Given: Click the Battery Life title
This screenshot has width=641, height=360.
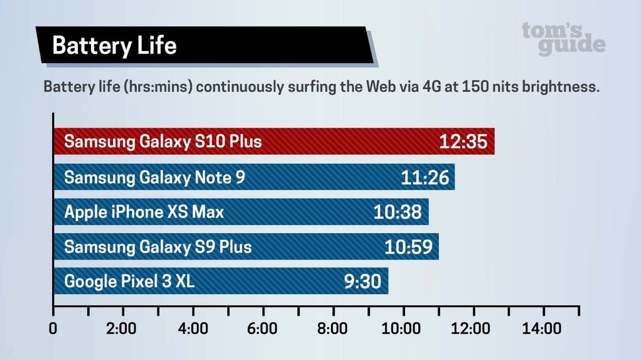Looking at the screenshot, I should pyautogui.click(x=114, y=46).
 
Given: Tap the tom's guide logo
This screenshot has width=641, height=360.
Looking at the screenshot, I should pyautogui.click(x=563, y=39).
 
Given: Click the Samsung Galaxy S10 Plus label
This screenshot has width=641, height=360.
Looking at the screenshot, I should pyautogui.click(x=163, y=141).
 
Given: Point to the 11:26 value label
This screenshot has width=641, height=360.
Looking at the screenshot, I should pyautogui.click(x=424, y=177).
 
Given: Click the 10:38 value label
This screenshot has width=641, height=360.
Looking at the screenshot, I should pyautogui.click(x=398, y=212).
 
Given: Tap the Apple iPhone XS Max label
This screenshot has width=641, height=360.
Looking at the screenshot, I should pyautogui.click(x=143, y=212).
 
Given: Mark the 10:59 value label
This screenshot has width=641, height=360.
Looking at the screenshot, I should pyautogui.click(x=408, y=247).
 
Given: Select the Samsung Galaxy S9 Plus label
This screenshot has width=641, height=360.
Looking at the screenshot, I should pyautogui.click(x=157, y=247).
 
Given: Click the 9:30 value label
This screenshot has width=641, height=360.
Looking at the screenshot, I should pyautogui.click(x=362, y=282).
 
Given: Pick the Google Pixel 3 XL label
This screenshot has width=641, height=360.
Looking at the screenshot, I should pyautogui.click(x=129, y=282).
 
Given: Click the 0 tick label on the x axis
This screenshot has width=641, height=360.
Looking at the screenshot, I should pyautogui.click(x=54, y=328).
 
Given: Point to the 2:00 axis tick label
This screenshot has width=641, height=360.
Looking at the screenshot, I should pyautogui.click(x=121, y=328).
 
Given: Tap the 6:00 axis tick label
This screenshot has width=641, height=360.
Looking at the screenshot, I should pyautogui.click(x=262, y=328).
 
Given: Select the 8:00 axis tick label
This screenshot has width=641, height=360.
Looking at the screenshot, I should pyautogui.click(x=332, y=328).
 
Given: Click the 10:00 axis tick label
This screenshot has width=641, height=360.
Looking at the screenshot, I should pyautogui.click(x=402, y=328).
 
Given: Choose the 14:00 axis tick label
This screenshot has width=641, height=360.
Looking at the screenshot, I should pyautogui.click(x=542, y=328).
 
